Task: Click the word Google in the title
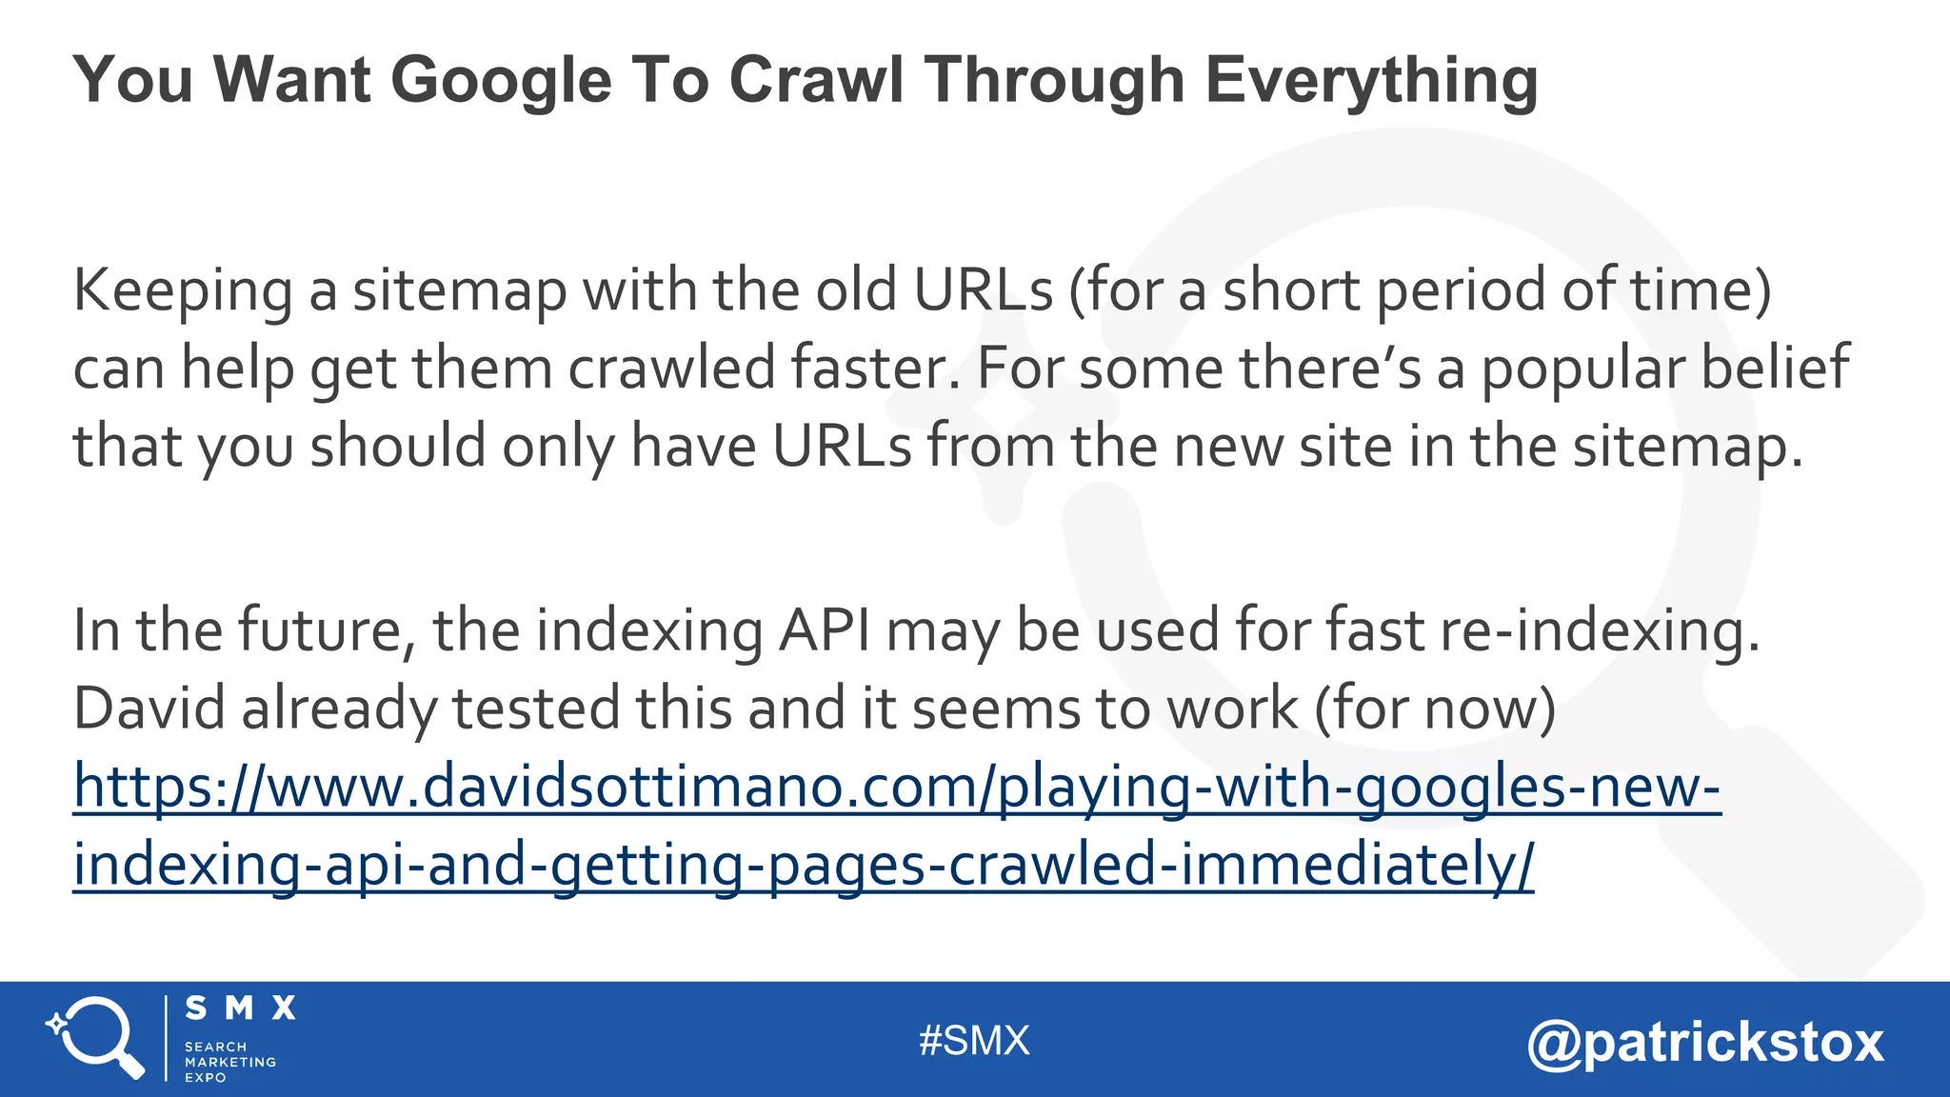(x=500, y=80)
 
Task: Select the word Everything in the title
(x=1371, y=80)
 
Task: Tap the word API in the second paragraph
(x=825, y=631)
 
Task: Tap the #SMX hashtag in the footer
(x=974, y=1041)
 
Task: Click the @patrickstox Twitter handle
(x=1705, y=1043)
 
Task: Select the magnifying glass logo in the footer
(x=96, y=1038)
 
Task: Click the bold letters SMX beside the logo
(x=240, y=1008)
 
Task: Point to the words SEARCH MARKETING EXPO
(x=229, y=1062)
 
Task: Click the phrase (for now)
(x=1436, y=709)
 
